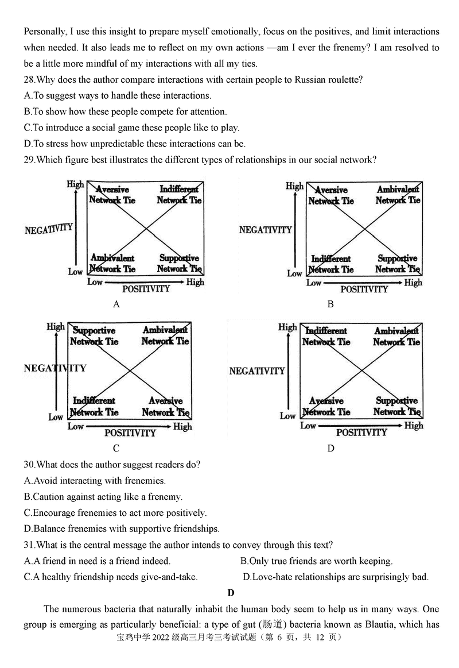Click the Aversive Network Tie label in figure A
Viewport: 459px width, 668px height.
point(112,195)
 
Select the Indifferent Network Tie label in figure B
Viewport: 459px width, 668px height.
point(331,264)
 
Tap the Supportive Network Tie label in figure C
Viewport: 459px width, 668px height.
point(94,336)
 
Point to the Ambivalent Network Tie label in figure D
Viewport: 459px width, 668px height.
point(396,337)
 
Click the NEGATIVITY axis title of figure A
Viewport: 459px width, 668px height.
point(49,229)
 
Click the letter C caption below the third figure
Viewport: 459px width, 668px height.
point(116,449)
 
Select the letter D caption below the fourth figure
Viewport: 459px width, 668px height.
point(330,449)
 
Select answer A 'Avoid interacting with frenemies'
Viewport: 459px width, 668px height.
point(95,480)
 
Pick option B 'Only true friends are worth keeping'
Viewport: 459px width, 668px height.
point(316,561)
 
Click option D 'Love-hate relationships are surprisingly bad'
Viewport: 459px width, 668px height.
point(336,577)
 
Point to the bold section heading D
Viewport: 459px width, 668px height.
point(231,593)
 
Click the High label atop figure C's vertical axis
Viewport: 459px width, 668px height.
point(56,327)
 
